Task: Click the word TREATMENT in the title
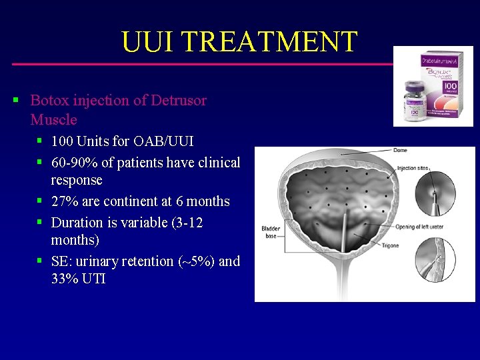(270, 42)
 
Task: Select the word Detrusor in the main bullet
(179, 101)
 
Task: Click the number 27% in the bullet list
(65, 201)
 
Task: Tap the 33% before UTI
(65, 279)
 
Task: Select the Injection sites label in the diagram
(413, 168)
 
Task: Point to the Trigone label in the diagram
(390, 245)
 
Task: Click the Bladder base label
(271, 232)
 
